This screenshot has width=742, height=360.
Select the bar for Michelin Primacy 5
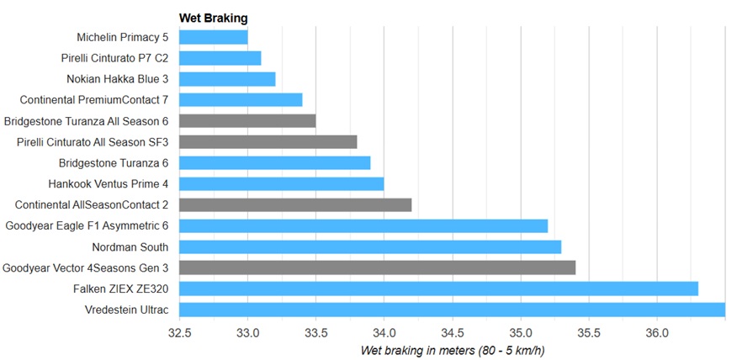tap(214, 37)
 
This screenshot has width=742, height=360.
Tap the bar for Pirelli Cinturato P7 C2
tap(220, 58)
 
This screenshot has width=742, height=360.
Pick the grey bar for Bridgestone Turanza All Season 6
tap(247, 121)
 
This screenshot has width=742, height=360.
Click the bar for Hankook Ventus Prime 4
tap(282, 183)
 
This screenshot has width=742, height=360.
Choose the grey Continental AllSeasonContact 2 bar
tap(295, 204)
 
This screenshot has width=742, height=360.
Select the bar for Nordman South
tap(370, 246)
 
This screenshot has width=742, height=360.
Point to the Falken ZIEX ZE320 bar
tap(438, 289)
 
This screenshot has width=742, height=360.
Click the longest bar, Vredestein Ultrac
tap(452, 310)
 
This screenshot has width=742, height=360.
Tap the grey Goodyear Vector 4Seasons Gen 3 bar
tap(377, 267)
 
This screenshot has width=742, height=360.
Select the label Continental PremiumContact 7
tap(98, 100)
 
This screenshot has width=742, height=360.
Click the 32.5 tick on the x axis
tap(179, 332)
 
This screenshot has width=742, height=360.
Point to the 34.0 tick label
tap(384, 332)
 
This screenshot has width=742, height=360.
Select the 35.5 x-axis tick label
tap(588, 332)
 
